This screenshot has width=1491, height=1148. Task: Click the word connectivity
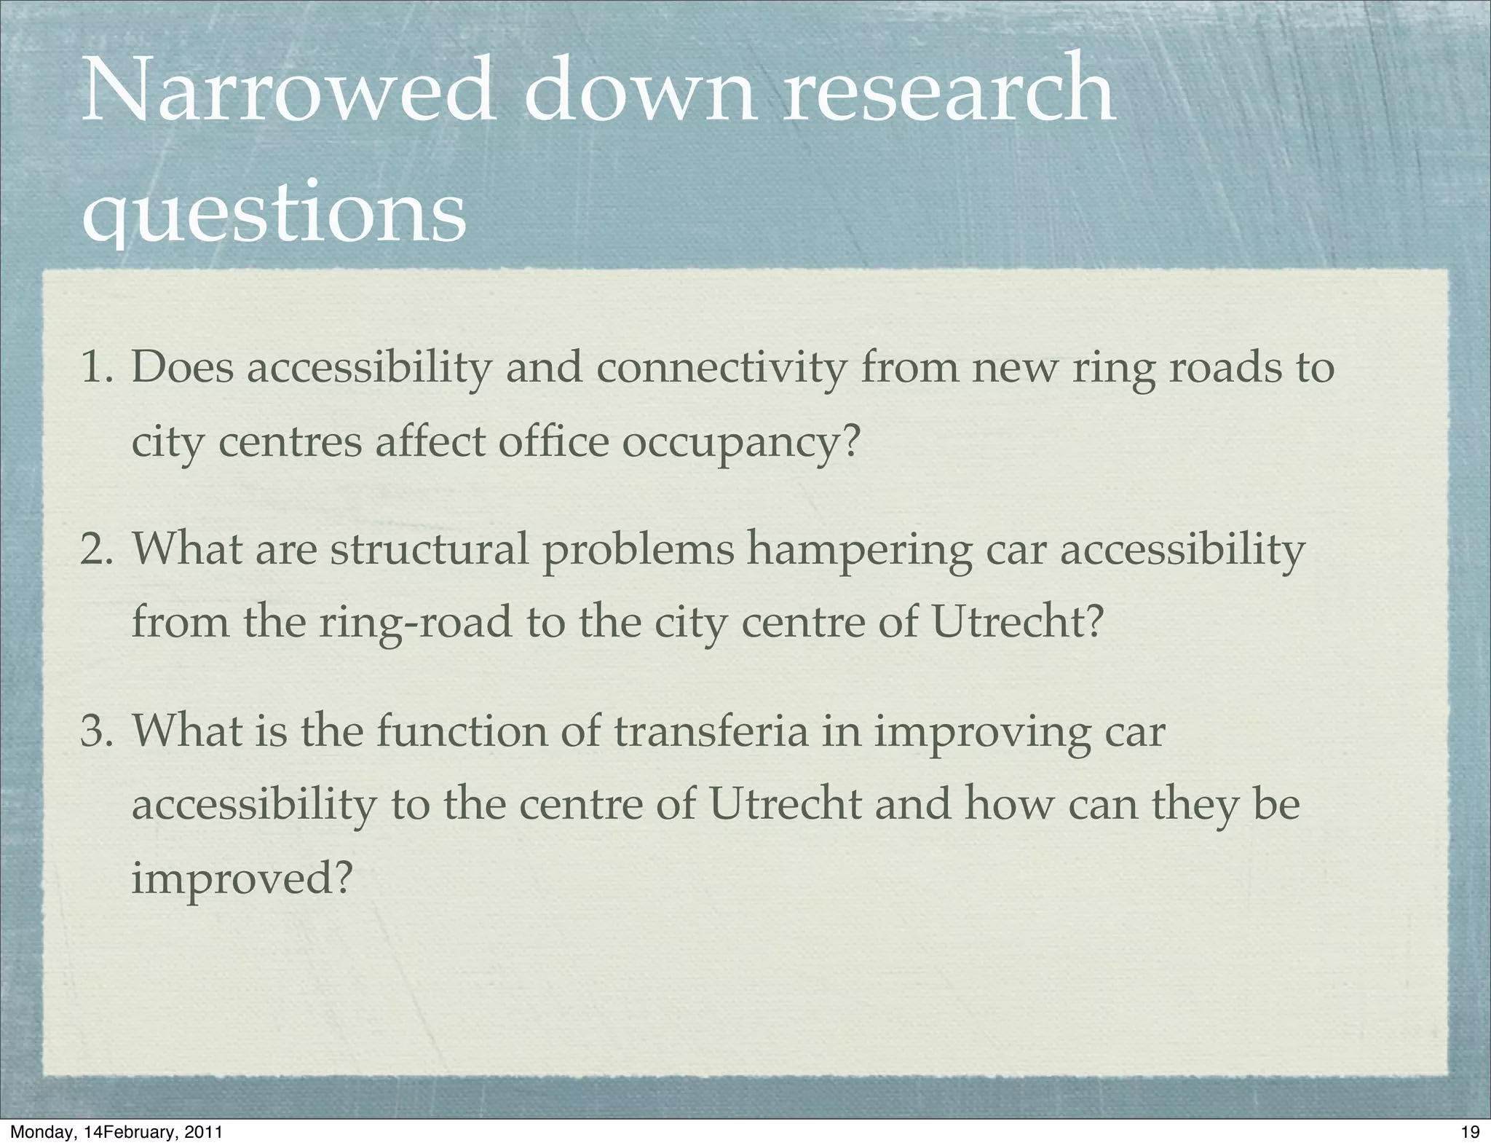pos(721,369)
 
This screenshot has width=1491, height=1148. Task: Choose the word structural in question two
pos(430,550)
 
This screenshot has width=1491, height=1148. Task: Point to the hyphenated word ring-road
pos(416,626)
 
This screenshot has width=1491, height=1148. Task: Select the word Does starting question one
pos(183,367)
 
